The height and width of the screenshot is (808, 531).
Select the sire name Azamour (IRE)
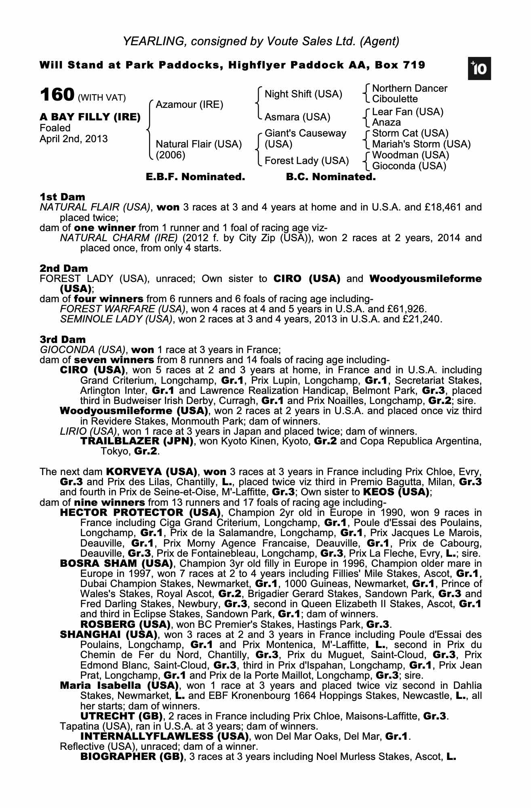tap(189, 105)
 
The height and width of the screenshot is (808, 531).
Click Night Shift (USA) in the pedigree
tap(303, 94)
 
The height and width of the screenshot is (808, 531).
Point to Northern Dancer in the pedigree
tap(409, 88)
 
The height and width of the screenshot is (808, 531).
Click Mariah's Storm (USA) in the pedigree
tap(421, 144)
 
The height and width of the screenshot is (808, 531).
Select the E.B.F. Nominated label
tap(195, 177)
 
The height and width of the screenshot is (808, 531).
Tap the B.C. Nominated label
tap(331, 177)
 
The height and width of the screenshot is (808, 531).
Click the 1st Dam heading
tap(62, 197)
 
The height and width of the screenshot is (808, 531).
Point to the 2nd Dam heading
tap(63, 269)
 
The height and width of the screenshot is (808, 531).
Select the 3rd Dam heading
tap(63, 340)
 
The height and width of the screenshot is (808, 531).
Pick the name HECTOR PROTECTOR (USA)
tap(140, 513)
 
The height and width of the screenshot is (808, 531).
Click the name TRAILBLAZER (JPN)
tap(137, 441)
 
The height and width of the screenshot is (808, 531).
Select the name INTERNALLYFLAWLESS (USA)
tap(164, 736)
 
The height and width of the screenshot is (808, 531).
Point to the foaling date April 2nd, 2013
tap(74, 139)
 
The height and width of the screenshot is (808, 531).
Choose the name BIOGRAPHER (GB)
tap(132, 757)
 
